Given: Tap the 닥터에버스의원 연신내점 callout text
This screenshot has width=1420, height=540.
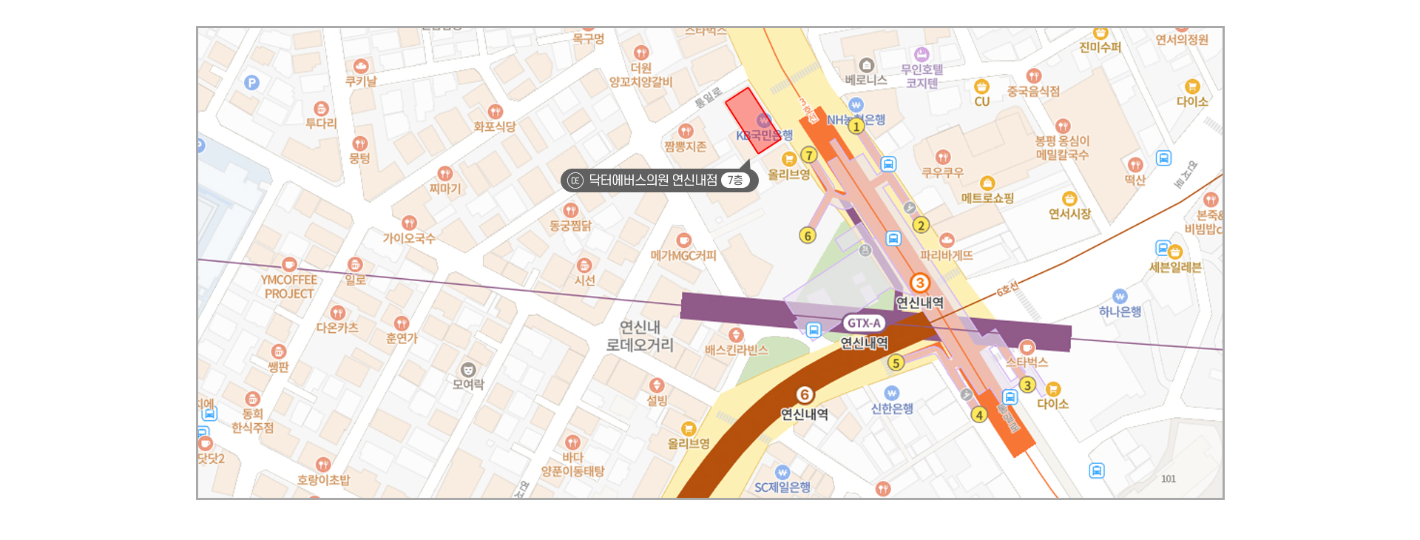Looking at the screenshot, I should (x=652, y=180).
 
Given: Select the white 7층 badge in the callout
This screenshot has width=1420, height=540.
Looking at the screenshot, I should (x=734, y=180).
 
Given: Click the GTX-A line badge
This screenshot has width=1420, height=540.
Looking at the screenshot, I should (x=864, y=323).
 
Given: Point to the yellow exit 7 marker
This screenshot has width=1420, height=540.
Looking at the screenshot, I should (x=809, y=155).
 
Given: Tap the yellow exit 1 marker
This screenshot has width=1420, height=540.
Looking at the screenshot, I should (x=856, y=126).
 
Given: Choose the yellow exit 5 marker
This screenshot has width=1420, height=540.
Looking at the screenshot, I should (x=896, y=362).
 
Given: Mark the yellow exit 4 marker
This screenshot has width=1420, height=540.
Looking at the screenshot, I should (x=979, y=415).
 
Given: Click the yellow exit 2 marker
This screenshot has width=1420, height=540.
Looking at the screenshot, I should (x=921, y=225).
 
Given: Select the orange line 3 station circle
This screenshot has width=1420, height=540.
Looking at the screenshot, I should (x=920, y=283).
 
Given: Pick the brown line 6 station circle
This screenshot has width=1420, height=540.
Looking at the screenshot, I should (x=805, y=395).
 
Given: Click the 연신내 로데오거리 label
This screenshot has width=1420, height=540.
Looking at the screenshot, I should (x=640, y=336).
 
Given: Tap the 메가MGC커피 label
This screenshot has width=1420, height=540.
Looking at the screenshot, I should (x=683, y=255).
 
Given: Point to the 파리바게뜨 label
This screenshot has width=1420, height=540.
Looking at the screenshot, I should (x=947, y=255).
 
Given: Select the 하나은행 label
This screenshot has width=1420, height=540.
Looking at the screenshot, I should (x=1120, y=311).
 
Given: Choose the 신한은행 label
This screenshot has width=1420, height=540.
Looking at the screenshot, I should (x=892, y=408).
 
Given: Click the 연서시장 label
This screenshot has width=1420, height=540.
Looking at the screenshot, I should (x=1069, y=214).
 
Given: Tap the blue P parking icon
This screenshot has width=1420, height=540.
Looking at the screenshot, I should (x=252, y=83).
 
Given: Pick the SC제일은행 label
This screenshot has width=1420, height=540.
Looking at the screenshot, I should (x=782, y=487).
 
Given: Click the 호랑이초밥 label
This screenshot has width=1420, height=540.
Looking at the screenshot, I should (x=323, y=479).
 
